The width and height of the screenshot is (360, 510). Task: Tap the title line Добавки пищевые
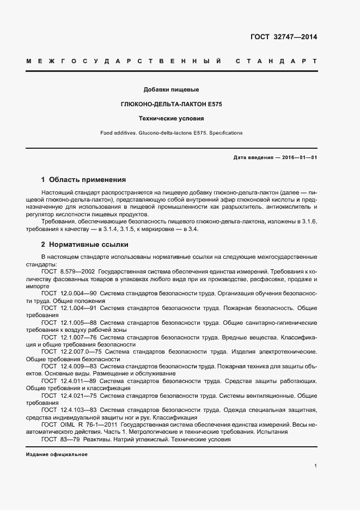(x=171, y=89)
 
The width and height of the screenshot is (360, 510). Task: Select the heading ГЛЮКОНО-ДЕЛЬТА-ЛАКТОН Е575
(x=171, y=104)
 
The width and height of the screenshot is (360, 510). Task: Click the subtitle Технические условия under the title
(x=171, y=118)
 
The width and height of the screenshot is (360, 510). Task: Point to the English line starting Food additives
(x=171, y=133)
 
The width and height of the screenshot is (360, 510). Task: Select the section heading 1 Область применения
(x=83, y=179)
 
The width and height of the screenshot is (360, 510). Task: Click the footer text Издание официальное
(x=57, y=454)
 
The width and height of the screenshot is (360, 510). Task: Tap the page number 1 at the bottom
(x=315, y=466)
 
